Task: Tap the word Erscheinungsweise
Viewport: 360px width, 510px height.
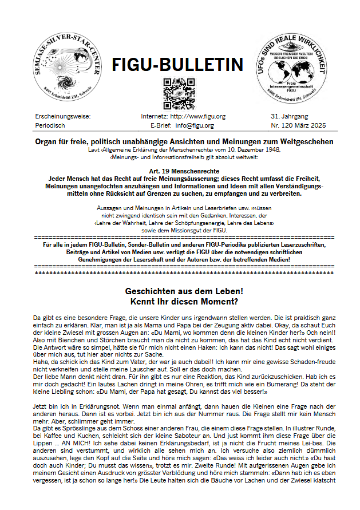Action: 62,116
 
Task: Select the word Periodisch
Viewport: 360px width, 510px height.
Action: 50,125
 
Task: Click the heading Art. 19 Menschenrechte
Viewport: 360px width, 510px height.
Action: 179,171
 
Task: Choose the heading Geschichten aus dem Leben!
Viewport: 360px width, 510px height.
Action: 179,291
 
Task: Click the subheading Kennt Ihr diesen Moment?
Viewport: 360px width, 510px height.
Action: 179,301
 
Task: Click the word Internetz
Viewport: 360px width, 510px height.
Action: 154,116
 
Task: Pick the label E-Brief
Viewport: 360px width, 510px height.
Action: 161,125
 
